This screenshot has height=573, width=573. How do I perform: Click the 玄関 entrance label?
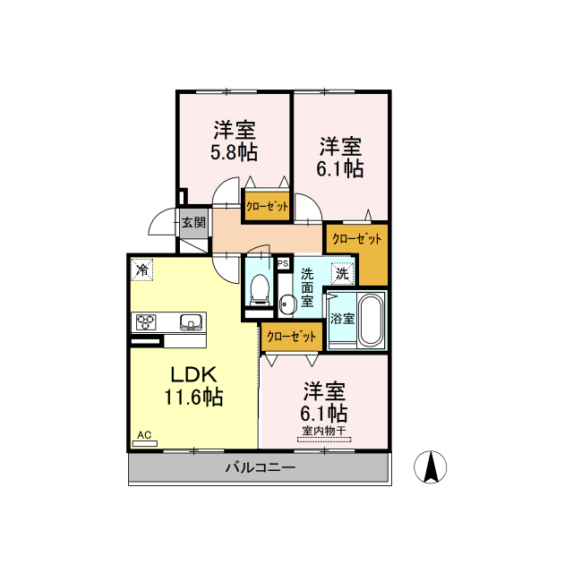pos(193,222)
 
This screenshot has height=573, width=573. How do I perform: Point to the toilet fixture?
pos(260,286)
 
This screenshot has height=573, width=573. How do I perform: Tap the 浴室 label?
pos(341,318)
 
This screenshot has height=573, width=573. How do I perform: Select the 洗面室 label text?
pos(307,286)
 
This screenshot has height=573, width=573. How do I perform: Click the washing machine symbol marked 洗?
pos(342,272)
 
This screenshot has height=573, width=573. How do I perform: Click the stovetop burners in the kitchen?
pos(147,321)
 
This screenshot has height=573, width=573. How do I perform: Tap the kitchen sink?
pos(192,321)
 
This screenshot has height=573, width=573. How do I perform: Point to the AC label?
pos(144,436)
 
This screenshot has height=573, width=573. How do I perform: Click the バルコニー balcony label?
pos(260,467)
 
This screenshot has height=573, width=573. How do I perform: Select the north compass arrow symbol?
pos(431,466)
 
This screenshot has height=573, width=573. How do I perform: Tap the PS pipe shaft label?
pos(282,264)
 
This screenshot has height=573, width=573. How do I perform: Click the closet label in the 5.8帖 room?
pos(268,206)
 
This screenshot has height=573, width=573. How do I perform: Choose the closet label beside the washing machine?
pos(356,239)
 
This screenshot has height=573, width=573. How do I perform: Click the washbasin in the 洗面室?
pos(286,304)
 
